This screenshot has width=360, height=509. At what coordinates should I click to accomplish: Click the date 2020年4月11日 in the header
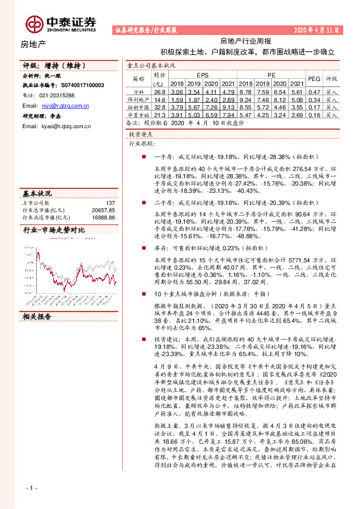(x=317, y=30)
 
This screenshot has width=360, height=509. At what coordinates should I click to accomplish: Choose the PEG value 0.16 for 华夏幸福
(x=314, y=114)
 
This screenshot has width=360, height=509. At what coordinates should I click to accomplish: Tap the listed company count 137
(x=110, y=203)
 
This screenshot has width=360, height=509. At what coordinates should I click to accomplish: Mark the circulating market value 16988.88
(x=102, y=217)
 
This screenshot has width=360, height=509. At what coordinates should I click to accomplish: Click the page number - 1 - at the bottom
(x=32, y=487)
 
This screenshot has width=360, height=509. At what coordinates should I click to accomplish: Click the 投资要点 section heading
(x=143, y=137)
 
